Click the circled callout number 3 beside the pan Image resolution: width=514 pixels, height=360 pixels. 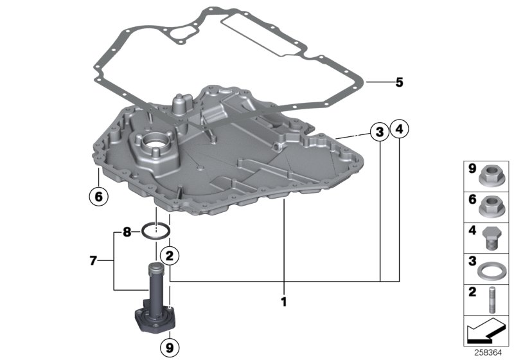coord(380,132)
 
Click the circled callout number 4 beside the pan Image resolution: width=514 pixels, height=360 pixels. coord(400,129)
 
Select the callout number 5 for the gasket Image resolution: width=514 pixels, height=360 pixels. coord(399,82)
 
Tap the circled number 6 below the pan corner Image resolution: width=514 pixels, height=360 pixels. coord(98,197)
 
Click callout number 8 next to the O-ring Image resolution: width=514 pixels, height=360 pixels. coord(127,231)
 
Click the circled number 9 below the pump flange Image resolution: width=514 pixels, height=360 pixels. coord(169,348)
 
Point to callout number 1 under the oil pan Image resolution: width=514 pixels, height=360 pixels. coord(282,301)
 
